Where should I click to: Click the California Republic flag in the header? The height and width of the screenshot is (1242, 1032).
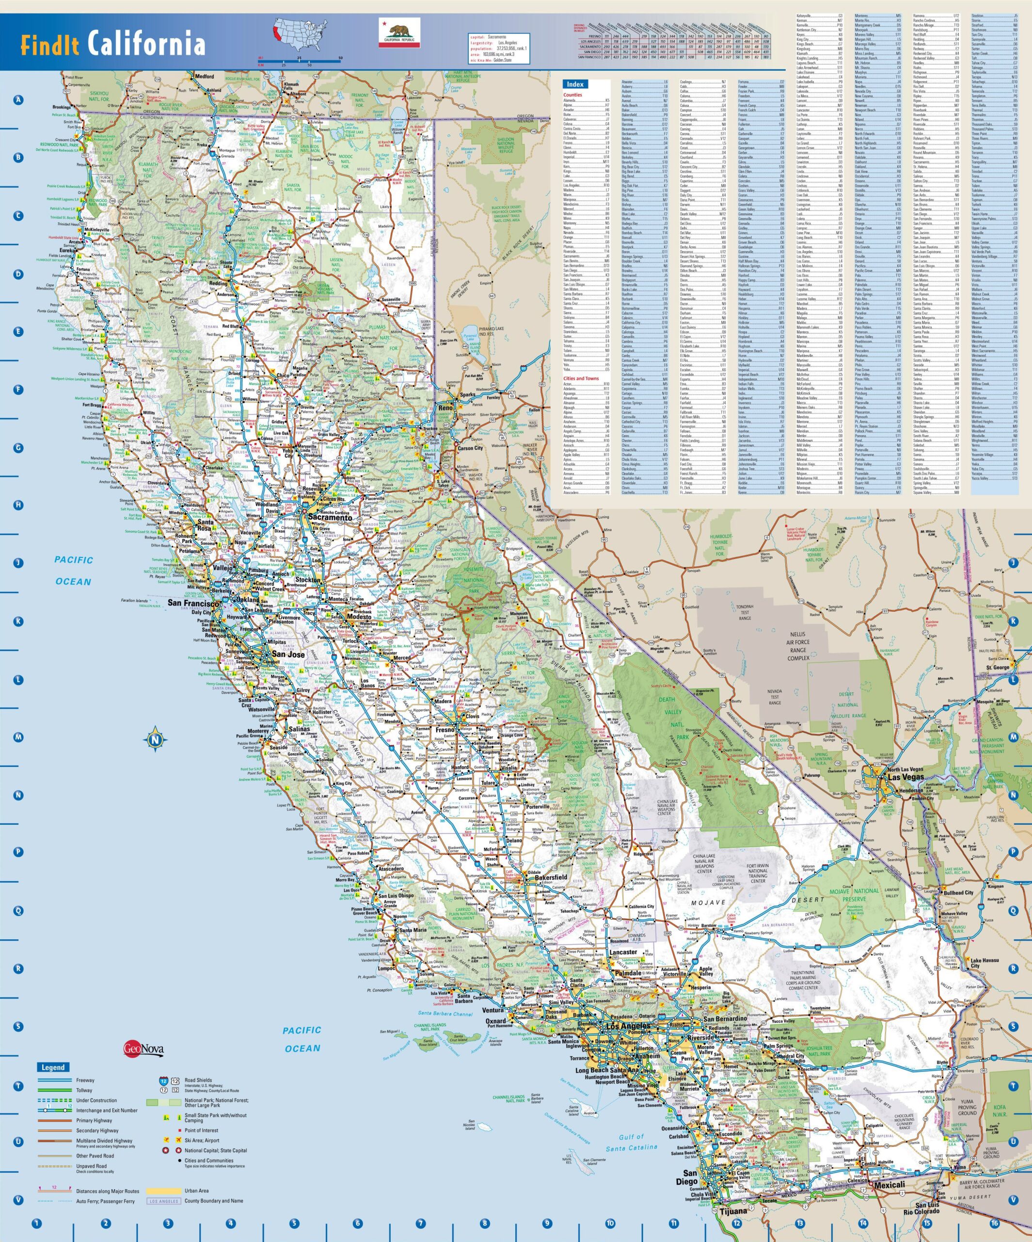point(399,33)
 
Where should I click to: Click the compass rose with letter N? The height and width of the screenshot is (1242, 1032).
point(155,739)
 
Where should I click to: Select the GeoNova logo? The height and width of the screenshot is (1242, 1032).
point(143,1049)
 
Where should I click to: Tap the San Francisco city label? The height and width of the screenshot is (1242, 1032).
point(194,603)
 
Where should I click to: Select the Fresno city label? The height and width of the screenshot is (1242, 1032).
point(445,730)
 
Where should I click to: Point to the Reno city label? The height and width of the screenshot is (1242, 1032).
point(445,408)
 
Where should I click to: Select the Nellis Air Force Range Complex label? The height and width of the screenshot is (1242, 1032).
point(798,646)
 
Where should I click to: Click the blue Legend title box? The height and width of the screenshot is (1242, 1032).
point(53,1067)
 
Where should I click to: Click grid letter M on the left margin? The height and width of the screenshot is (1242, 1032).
point(18,737)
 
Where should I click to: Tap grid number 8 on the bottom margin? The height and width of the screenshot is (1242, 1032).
point(484,1223)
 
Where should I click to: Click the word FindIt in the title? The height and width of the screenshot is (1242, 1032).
point(49,45)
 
